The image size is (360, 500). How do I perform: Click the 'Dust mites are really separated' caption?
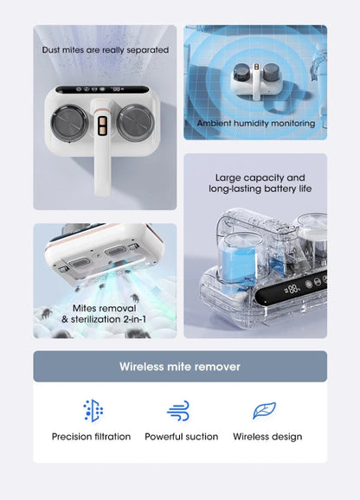[x=106, y=50]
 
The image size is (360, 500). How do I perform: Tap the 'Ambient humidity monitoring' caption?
[x=256, y=123]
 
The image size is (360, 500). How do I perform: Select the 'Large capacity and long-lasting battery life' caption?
[x=260, y=183]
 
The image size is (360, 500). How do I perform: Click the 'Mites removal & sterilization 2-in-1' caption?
[x=104, y=314]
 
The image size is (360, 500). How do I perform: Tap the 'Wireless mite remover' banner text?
[x=180, y=367]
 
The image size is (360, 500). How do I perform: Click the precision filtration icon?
[x=93, y=411]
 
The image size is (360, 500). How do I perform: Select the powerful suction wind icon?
[x=178, y=411]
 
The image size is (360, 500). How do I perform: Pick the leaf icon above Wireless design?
[x=264, y=410]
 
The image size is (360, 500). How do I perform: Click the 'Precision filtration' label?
[x=91, y=437]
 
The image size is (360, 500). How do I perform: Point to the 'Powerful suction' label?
[x=182, y=437]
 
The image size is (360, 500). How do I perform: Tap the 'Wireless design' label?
[x=267, y=437]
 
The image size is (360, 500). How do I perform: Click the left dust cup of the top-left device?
[x=69, y=123]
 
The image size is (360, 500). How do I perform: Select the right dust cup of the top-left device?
[x=136, y=123]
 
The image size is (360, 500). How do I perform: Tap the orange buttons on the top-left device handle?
[x=103, y=126]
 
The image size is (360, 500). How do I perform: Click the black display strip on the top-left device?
[x=102, y=89]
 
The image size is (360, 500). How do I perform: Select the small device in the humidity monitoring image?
[x=256, y=81]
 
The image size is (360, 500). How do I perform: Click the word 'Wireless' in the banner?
[x=142, y=367]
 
